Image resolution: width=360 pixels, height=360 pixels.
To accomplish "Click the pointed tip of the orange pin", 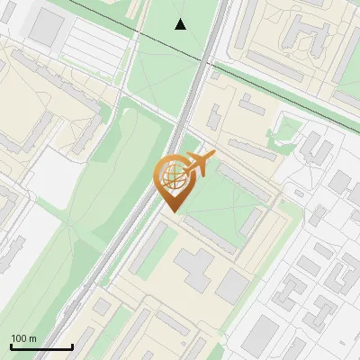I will click(x=171, y=211).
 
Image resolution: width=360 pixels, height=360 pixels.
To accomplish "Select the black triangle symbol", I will click(x=181, y=24).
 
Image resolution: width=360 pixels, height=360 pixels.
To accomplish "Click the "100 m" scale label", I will click(x=23, y=337).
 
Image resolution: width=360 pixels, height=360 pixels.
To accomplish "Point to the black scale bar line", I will click(x=41, y=346).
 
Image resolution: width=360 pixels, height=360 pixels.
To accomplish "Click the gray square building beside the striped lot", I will click(x=45, y=27).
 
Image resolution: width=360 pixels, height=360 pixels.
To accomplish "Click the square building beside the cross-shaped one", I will click(x=232, y=286).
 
